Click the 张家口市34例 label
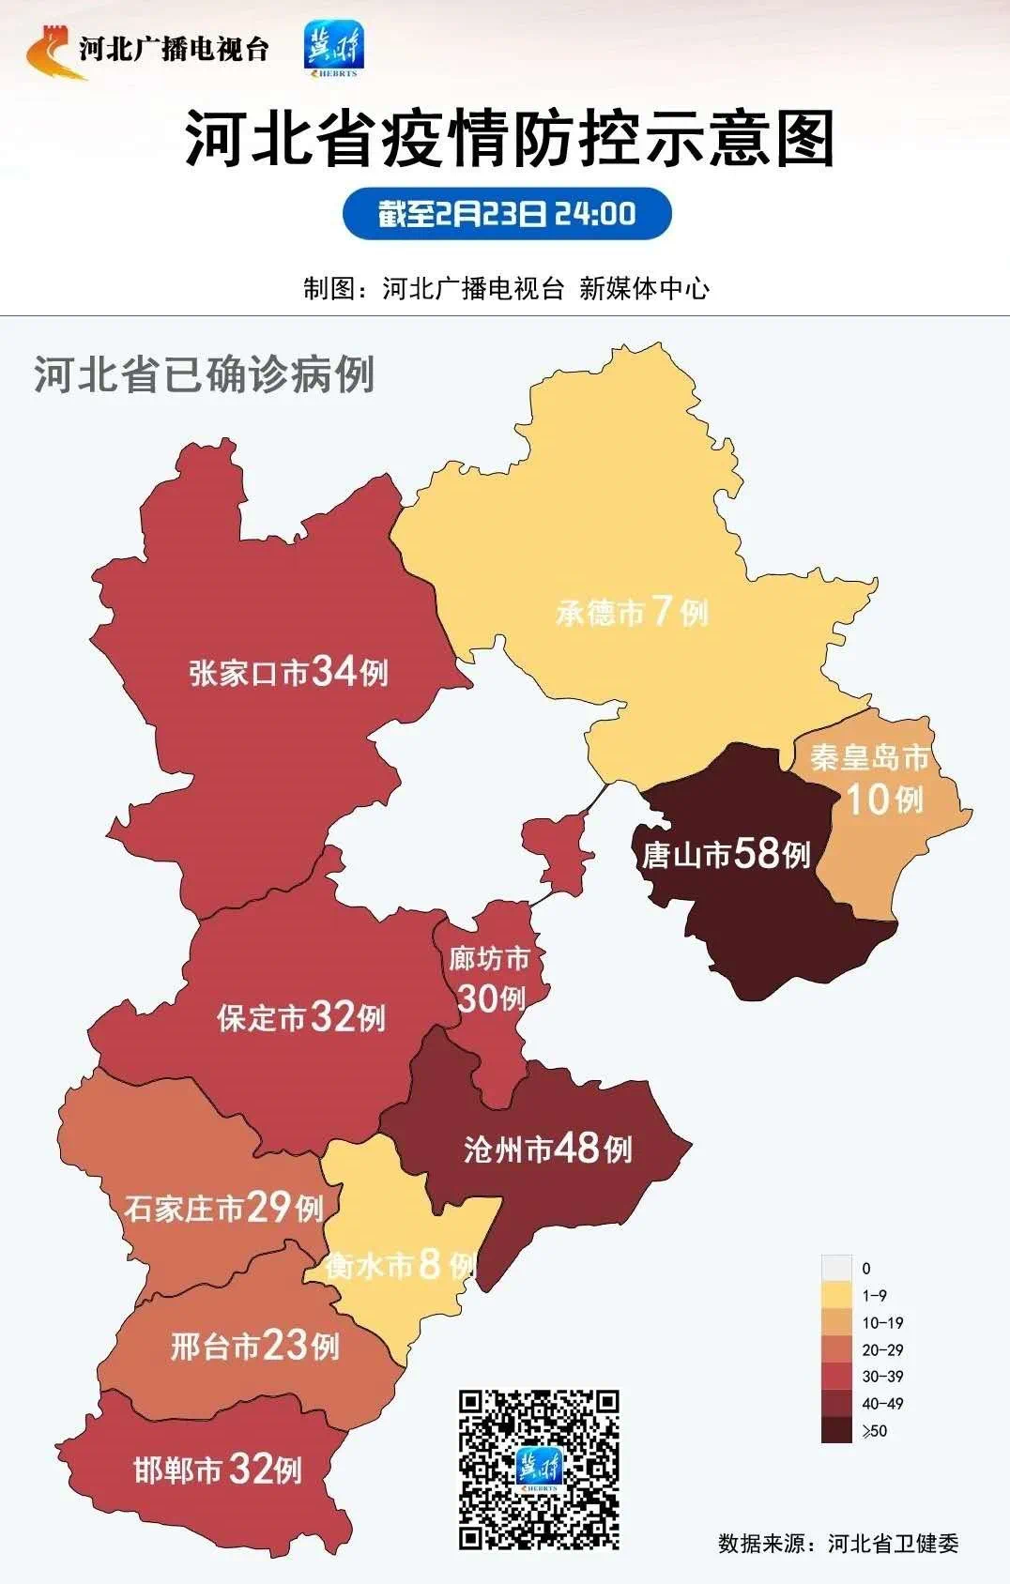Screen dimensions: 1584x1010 pyautogui.click(x=288, y=672)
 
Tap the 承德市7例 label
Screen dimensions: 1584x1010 pyautogui.click(x=631, y=613)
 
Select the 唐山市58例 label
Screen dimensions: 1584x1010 pyautogui.click(x=725, y=854)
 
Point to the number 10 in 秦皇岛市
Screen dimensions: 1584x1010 pyautogui.click(x=866, y=800)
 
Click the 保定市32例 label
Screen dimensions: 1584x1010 pyautogui.click(x=300, y=1017)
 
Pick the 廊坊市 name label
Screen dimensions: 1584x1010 pyautogui.click(x=488, y=959)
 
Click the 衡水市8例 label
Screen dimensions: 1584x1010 pyautogui.click(x=400, y=1266)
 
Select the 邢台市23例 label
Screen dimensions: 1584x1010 pyautogui.click(x=254, y=1347)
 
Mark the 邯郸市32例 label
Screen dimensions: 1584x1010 pyautogui.click(x=218, y=1469)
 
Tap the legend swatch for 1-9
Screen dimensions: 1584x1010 pyautogui.click(x=835, y=1295)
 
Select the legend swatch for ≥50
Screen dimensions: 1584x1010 pyautogui.click(x=835, y=1430)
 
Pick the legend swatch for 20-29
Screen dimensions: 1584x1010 pyautogui.click(x=835, y=1349)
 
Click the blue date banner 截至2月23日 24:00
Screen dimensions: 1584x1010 pyautogui.click(x=507, y=214)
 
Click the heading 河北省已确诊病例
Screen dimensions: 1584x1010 pyautogui.click(x=205, y=374)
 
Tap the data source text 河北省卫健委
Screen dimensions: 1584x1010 pyautogui.click(x=893, y=1544)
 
